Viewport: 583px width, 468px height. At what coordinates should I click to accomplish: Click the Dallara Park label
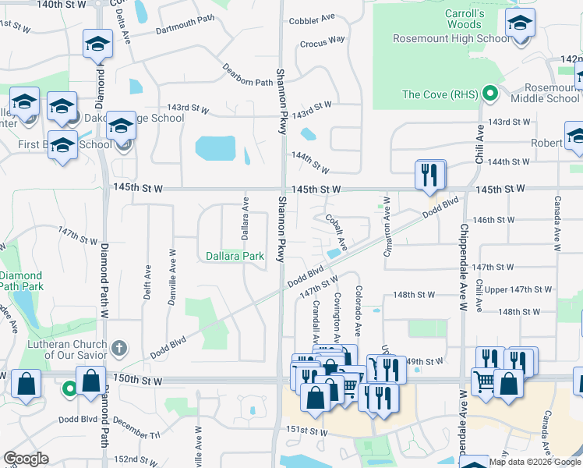coord(235,256)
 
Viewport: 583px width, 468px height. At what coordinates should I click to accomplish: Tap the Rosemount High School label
coord(440,38)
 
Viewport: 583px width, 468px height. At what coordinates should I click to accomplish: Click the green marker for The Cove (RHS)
coord(489,95)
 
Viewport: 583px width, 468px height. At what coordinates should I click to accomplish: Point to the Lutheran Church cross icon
coord(118,346)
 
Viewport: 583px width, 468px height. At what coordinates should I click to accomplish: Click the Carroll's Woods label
coord(465,19)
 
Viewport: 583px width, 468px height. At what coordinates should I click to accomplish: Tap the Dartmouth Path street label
coord(184,29)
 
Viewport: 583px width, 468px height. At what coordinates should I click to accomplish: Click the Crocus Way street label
coord(322,40)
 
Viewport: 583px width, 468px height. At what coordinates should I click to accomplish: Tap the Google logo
coord(26,459)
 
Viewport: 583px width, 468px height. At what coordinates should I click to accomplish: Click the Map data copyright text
coord(534,462)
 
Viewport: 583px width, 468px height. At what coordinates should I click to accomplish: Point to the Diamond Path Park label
coord(21,282)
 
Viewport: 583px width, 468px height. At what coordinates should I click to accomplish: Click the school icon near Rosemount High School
coord(520,25)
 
